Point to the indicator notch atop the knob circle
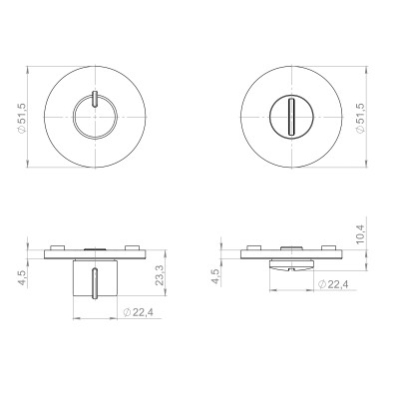(x=92, y=97)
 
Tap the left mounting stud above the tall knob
(x=60, y=242)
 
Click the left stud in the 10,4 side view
(x=253, y=242)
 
